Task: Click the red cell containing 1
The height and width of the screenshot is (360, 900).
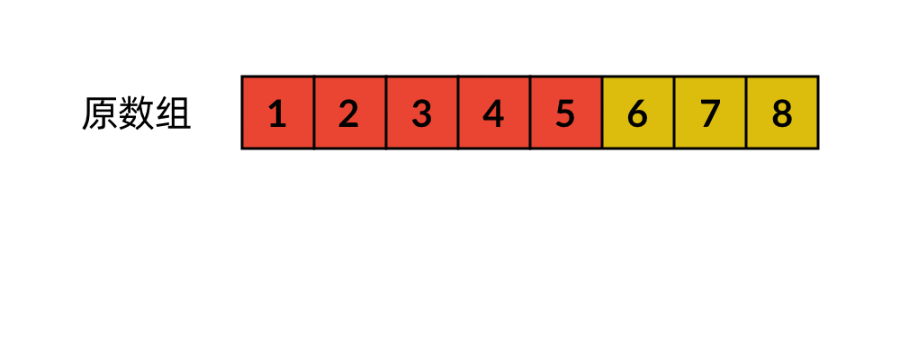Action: (278, 112)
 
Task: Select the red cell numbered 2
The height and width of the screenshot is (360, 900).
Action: (350, 112)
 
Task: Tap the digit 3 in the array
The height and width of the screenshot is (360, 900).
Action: (422, 112)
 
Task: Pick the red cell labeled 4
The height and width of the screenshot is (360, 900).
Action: (494, 112)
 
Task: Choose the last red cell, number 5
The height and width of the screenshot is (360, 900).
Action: (566, 112)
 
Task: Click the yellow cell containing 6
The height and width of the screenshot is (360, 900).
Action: (638, 112)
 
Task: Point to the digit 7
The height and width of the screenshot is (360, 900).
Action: (710, 112)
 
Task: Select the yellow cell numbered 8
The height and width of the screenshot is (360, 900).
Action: (782, 112)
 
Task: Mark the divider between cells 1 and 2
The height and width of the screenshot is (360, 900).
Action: (314, 112)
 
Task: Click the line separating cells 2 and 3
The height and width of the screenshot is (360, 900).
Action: (386, 112)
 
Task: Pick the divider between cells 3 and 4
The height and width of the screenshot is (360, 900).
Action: (458, 112)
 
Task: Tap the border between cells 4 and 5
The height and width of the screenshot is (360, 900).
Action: (530, 112)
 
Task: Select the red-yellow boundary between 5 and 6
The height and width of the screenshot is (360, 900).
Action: (602, 112)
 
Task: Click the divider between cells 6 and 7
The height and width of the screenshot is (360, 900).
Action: (674, 112)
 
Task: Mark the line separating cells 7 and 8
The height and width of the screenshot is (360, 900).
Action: (746, 112)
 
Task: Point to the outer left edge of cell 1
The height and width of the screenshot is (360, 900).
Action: (242, 112)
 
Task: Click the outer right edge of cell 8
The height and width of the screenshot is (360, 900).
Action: (818, 112)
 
